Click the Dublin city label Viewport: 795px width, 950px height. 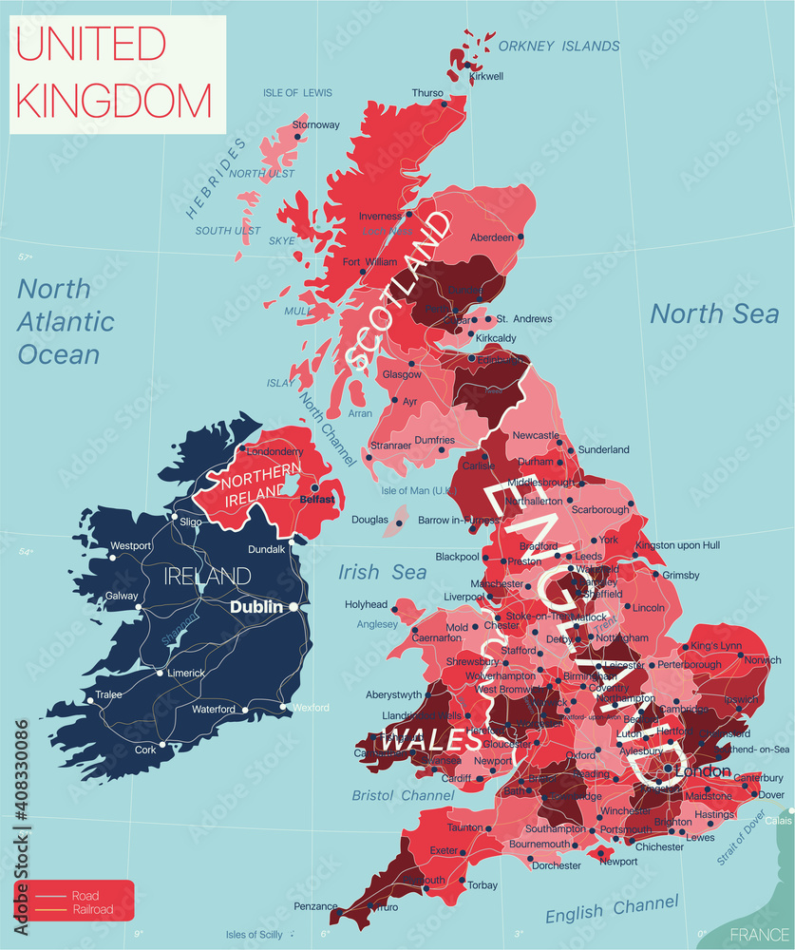click(258, 606)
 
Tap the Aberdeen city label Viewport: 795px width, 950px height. click(492, 237)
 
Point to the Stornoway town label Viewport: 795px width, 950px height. click(315, 124)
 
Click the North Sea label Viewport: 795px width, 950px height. click(714, 313)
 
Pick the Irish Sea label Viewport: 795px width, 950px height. click(383, 572)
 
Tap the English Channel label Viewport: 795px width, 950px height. click(613, 909)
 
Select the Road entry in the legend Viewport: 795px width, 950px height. click(84, 895)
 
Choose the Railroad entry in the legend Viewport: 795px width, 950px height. click(92, 909)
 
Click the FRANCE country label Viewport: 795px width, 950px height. click(760, 933)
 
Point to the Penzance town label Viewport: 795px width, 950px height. click(314, 906)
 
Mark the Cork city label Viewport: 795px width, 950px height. click(144, 750)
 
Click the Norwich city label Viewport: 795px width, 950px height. click(763, 660)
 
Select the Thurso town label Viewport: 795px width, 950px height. click(426, 93)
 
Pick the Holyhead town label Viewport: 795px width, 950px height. click(366, 604)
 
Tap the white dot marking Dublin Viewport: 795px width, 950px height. click(294, 606)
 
